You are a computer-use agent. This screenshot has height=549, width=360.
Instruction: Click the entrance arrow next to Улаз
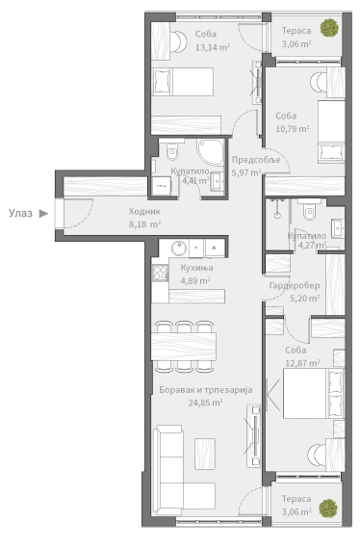click(x=43, y=213)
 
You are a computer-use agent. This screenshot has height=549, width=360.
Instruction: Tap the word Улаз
click(x=20, y=213)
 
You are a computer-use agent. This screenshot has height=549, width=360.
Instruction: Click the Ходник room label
click(x=144, y=212)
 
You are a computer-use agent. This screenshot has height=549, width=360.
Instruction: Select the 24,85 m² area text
click(x=205, y=403)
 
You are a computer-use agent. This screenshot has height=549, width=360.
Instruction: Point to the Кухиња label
click(x=196, y=268)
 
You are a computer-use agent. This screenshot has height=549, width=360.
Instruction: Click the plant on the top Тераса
click(x=329, y=28)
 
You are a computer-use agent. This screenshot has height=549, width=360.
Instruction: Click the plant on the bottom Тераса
click(x=328, y=509)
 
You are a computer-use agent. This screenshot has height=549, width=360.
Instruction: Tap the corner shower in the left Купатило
click(x=211, y=151)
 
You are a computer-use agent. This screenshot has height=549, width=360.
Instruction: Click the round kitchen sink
click(x=179, y=248)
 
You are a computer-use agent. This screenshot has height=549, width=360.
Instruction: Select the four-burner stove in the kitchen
click(x=160, y=273)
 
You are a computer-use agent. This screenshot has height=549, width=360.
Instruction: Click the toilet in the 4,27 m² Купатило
click(x=309, y=209)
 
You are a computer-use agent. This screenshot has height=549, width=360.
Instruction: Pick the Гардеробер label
click(x=295, y=285)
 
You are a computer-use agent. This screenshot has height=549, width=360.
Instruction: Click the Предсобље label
click(x=256, y=160)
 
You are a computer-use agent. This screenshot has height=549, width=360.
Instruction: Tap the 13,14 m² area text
click(x=213, y=47)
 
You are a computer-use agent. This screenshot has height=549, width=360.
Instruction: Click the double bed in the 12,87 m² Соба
click(x=314, y=393)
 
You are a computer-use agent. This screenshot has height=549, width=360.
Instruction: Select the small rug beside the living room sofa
click(x=205, y=454)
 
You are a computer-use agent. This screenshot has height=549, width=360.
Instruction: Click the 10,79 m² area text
click(x=292, y=129)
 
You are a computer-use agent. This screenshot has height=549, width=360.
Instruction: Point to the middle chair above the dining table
click(x=184, y=327)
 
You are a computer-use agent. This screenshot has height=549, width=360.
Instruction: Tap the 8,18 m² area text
click(x=144, y=224)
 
